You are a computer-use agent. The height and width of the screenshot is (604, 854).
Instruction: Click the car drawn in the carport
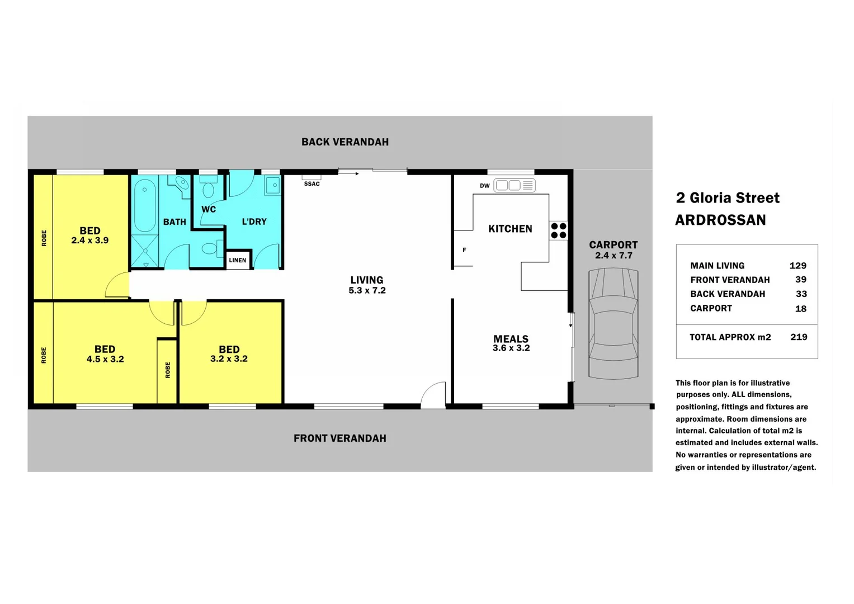click(x=613, y=323)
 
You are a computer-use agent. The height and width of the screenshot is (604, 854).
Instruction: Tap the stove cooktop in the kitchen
click(x=558, y=230)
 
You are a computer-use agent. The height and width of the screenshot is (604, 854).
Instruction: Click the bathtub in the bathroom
click(x=145, y=205)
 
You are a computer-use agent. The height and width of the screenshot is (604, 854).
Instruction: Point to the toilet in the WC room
click(x=208, y=188)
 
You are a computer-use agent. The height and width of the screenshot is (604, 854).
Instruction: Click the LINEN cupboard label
click(x=238, y=260)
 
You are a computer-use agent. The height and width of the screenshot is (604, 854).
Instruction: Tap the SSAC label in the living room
click(x=312, y=183)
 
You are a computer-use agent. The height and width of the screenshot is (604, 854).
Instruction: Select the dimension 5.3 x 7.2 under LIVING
click(x=367, y=290)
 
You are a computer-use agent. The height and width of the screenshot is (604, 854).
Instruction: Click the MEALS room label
click(x=511, y=339)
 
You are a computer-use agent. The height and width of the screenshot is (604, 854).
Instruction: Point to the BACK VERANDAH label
click(x=345, y=142)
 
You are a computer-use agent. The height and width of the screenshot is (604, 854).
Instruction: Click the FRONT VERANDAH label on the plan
click(x=339, y=438)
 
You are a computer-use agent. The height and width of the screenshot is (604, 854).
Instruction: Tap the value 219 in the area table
click(x=799, y=337)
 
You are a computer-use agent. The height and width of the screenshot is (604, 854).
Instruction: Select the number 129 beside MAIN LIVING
click(x=798, y=266)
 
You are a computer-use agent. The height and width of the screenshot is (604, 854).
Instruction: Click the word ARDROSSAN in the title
click(x=720, y=220)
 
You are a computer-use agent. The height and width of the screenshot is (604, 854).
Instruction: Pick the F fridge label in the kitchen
click(x=464, y=250)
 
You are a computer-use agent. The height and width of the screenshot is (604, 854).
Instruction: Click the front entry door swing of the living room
click(x=434, y=395)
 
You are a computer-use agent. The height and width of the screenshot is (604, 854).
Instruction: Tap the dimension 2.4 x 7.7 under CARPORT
click(x=613, y=256)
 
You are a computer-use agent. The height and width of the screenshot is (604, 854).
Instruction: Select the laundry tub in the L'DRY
click(x=272, y=185)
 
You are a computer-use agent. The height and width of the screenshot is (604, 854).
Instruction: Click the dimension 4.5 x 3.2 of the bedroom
click(x=105, y=359)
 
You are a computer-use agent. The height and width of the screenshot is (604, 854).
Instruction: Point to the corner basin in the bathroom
click(x=182, y=184)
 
